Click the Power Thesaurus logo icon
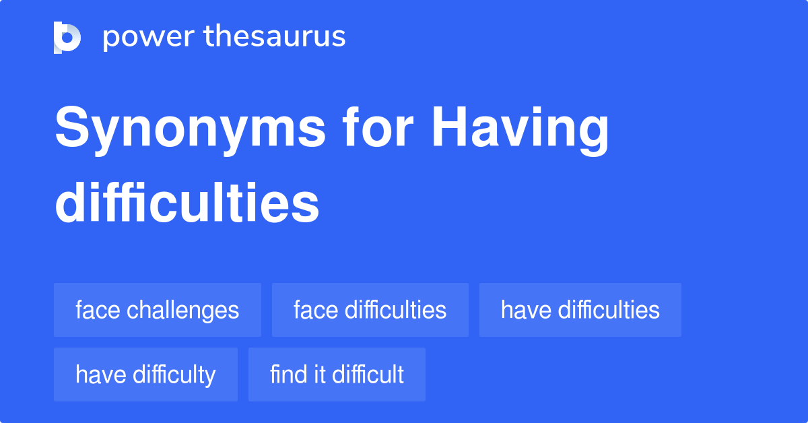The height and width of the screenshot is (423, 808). pyautogui.click(x=67, y=37)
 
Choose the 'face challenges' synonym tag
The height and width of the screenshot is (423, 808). pyautogui.click(x=158, y=310)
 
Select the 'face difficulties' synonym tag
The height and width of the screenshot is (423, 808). pyautogui.click(x=370, y=310)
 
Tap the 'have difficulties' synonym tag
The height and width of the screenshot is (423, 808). pyautogui.click(x=580, y=310)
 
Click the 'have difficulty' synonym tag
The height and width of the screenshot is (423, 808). pyautogui.click(x=145, y=375)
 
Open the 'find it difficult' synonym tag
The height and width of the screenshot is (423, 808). pyautogui.click(x=337, y=375)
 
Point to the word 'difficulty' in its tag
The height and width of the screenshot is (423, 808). pyautogui.click(x=174, y=375)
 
